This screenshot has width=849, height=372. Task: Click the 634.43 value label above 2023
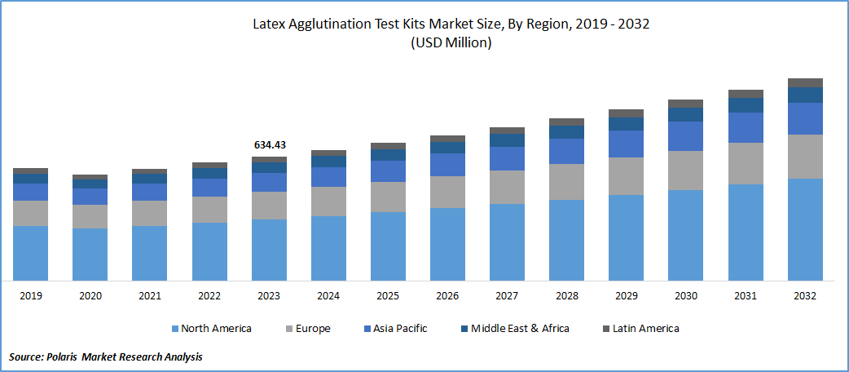269,145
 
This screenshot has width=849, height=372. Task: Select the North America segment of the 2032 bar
805,229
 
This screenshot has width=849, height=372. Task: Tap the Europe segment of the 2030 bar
685,170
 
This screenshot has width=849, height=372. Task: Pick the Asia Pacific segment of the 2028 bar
566,151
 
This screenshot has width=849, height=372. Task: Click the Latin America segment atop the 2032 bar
805,82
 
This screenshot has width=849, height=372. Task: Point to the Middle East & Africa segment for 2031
746,105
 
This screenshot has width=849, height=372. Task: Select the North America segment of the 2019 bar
30,253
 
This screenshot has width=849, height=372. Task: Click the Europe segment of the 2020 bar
90,216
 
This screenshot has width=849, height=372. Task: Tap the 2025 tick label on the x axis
388,295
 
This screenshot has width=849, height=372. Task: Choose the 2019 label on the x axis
30,295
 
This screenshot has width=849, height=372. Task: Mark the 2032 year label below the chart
805,295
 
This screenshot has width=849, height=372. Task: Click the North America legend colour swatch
175,329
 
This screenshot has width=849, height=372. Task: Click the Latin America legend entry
639,329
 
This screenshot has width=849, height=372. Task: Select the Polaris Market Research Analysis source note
106,356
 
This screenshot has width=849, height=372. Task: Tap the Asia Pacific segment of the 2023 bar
269,182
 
